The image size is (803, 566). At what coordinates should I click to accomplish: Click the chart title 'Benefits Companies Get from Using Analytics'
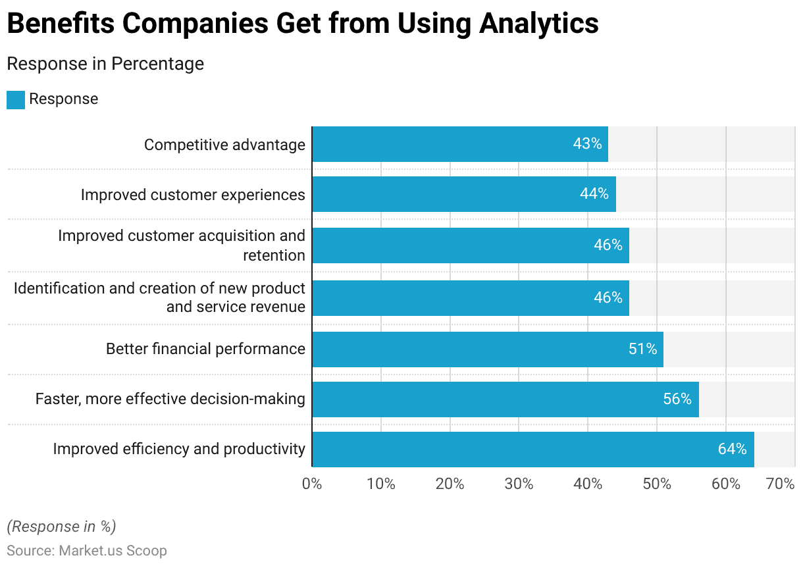click(x=303, y=24)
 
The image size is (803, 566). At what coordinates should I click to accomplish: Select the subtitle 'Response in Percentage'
click(x=105, y=64)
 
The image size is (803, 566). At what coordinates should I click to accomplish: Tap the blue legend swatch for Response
click(x=16, y=99)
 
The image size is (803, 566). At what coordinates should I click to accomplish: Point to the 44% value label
click(x=594, y=194)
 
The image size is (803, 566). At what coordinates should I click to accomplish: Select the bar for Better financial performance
click(x=487, y=349)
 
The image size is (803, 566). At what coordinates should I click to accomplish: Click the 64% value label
click(x=733, y=449)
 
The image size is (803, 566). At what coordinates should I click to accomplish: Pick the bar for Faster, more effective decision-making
click(x=505, y=399)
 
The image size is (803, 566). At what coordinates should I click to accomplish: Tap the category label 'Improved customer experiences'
click(x=193, y=195)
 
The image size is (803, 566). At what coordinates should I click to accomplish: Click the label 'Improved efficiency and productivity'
click(x=179, y=449)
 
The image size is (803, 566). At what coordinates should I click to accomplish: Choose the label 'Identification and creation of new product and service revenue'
click(x=159, y=297)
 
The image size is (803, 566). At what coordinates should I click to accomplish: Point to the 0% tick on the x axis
click(x=312, y=484)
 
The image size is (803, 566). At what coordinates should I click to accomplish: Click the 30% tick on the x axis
click(x=519, y=484)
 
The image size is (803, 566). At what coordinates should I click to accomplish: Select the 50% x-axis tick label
click(x=657, y=484)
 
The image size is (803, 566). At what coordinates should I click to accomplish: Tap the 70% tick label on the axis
click(x=781, y=484)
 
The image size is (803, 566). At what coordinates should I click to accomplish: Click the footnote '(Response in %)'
click(x=61, y=527)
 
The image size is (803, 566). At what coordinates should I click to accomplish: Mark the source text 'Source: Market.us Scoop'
click(x=87, y=550)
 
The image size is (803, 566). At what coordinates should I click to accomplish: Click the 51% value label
click(x=642, y=349)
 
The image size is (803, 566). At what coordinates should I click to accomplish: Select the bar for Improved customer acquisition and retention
click(x=470, y=245)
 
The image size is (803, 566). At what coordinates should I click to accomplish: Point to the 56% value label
click(x=677, y=399)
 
